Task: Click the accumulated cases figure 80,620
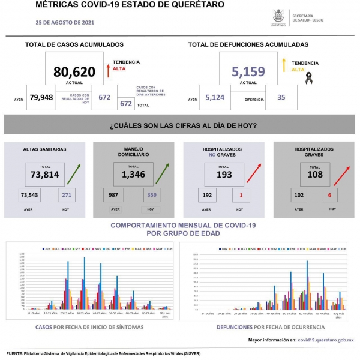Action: pyautogui.click(x=74, y=72)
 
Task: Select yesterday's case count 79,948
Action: pyautogui.click(x=42, y=97)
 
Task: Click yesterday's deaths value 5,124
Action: pyautogui.click(x=215, y=97)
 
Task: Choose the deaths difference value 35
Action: pyautogui.click(x=282, y=97)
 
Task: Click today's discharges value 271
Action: pyautogui.click(x=67, y=195)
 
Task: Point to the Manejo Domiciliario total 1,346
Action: pyautogui.click(x=133, y=175)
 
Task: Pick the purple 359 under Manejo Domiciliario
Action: pyautogui.click(x=152, y=195)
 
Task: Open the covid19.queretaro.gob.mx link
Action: pyautogui.click(x=326, y=340)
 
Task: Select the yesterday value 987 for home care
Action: pyautogui.click(x=113, y=195)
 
